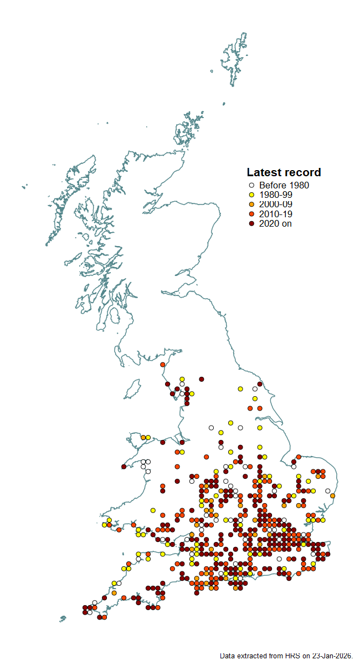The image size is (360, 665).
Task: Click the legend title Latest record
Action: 284,172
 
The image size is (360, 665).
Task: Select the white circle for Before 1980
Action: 251,186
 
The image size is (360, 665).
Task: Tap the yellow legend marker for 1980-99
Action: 251,195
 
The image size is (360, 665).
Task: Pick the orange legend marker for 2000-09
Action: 251,204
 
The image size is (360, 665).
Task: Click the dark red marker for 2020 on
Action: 251,223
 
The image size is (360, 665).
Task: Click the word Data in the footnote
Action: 227,656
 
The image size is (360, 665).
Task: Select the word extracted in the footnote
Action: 250,656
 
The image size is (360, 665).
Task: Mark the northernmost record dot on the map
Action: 163,365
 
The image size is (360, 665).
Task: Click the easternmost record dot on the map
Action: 332,495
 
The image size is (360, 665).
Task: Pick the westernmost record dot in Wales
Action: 104,524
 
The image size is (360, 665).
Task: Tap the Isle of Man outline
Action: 132,389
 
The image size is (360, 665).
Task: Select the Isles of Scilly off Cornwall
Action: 63,618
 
